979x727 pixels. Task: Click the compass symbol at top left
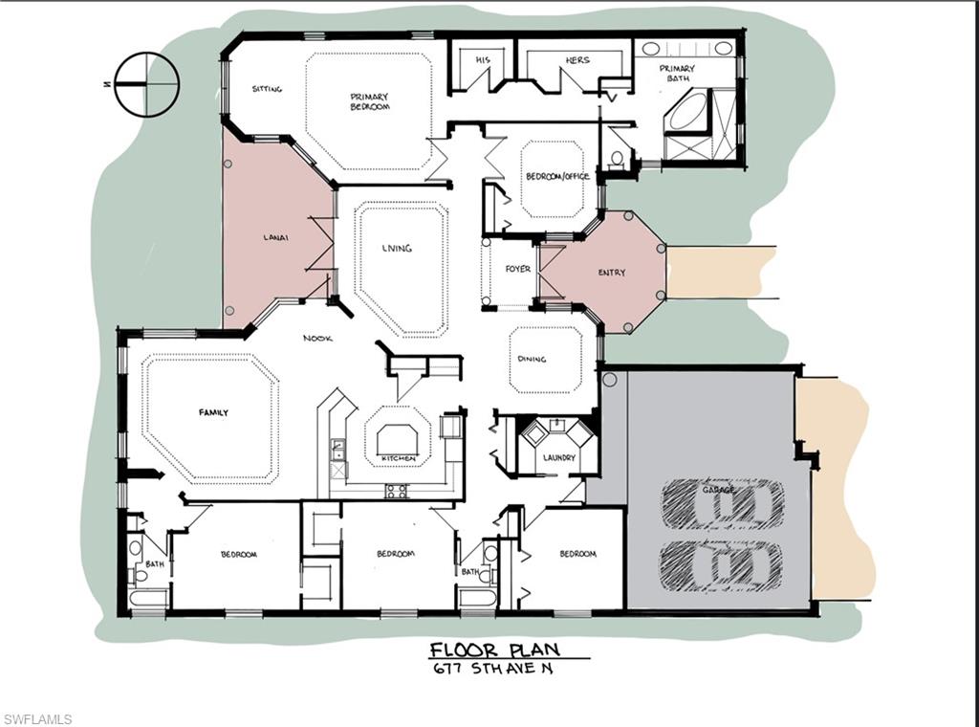146,84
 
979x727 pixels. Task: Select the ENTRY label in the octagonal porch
612,273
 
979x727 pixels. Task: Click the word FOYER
517,270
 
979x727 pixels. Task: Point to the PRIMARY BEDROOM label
369,101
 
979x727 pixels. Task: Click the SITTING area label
267,89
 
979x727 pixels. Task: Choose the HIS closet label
483,60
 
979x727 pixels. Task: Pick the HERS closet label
577,60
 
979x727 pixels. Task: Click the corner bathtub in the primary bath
686,113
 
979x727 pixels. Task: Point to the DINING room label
533,360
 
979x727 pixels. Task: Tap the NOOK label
317,338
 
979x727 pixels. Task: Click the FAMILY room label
213,413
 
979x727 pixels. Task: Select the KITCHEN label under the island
399,459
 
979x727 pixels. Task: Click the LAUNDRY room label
558,458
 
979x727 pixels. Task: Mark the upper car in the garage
723,503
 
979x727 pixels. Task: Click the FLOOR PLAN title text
494,650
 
